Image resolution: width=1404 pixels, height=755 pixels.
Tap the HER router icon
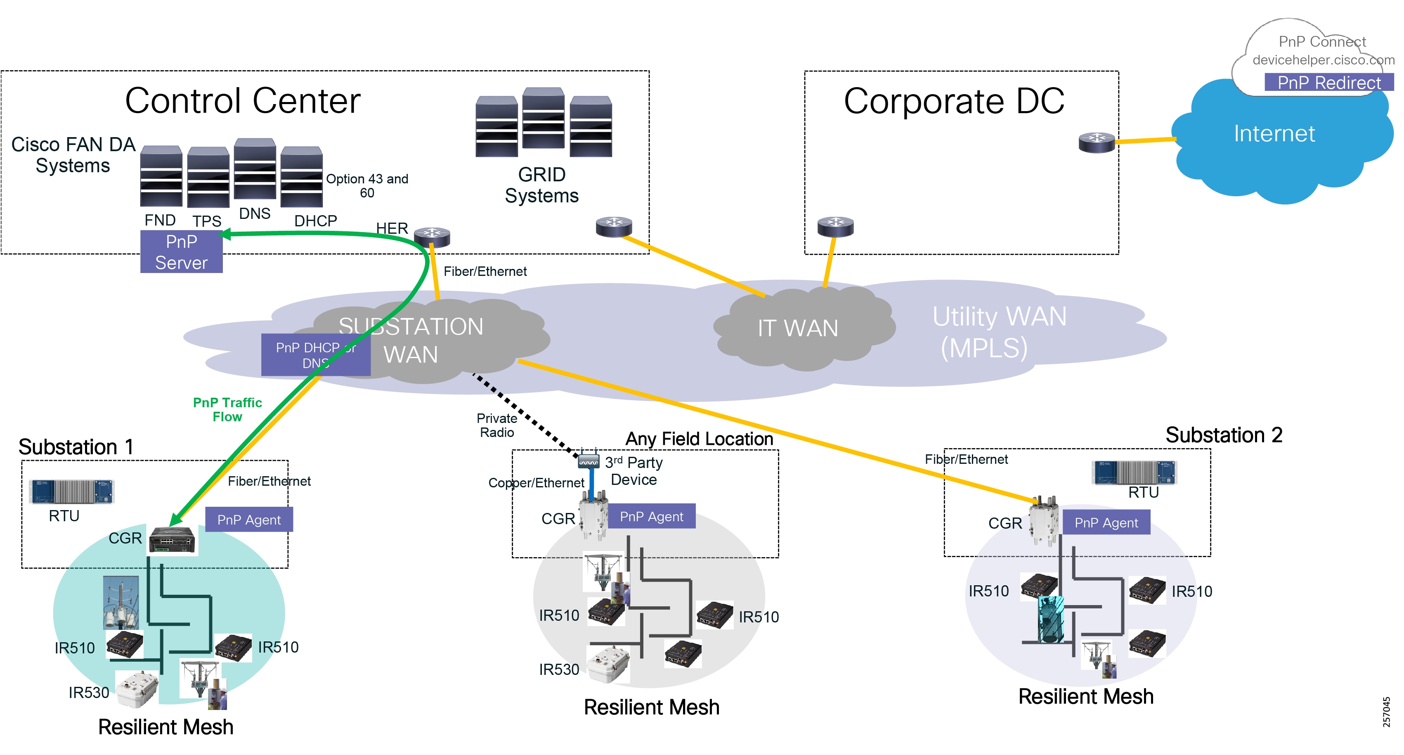pos(432,236)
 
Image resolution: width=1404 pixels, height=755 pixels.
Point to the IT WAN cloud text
pos(797,328)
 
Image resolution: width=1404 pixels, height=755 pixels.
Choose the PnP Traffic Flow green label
pos(227,409)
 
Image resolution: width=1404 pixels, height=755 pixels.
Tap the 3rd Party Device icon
pos(588,461)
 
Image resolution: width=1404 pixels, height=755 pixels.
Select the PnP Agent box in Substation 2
pos(1106,522)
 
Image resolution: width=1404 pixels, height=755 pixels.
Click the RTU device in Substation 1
pos(72,491)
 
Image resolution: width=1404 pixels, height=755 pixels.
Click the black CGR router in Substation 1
pos(172,540)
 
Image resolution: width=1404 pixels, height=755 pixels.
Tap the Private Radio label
pos(496,425)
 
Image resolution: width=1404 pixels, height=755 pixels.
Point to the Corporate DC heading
pos(954,102)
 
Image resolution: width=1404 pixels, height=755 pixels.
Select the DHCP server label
pos(316,221)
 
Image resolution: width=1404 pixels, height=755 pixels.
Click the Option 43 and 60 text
pos(367,185)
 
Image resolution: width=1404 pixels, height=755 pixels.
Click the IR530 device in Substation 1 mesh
pos(136,689)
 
